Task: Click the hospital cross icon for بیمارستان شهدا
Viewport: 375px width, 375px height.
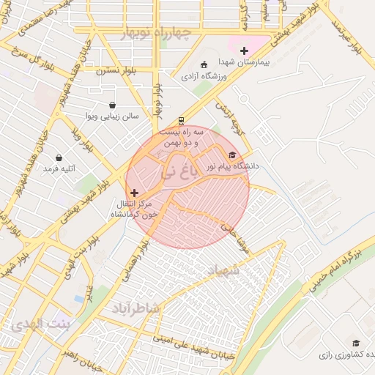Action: [244, 51]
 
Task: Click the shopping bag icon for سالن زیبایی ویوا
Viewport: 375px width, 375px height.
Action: [111, 105]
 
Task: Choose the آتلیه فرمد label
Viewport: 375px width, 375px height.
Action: [60, 168]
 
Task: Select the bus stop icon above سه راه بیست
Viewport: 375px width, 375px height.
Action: [181, 122]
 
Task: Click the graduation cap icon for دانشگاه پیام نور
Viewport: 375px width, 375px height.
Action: [233, 155]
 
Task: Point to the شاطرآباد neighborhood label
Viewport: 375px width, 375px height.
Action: [135, 308]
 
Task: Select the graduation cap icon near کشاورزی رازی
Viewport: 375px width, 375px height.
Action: [356, 343]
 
